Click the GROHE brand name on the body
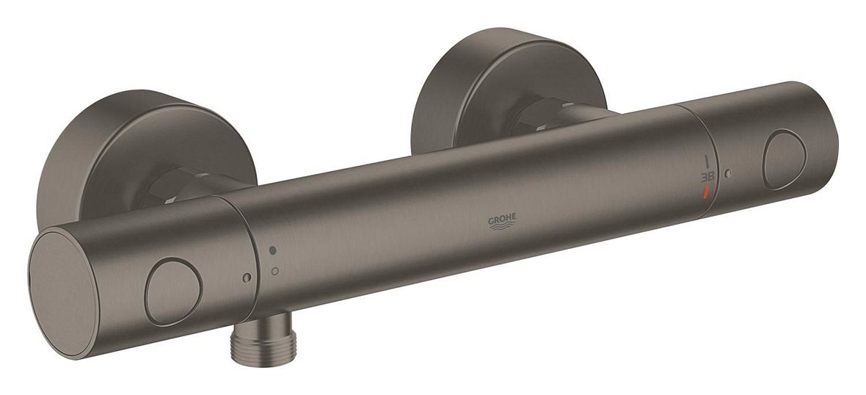coord(503,218)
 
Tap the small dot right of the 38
coord(727,173)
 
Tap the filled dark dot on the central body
coord(273,250)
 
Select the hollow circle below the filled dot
coord(274,271)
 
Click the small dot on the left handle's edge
coord(246,278)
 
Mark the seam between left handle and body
coord(254,250)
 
